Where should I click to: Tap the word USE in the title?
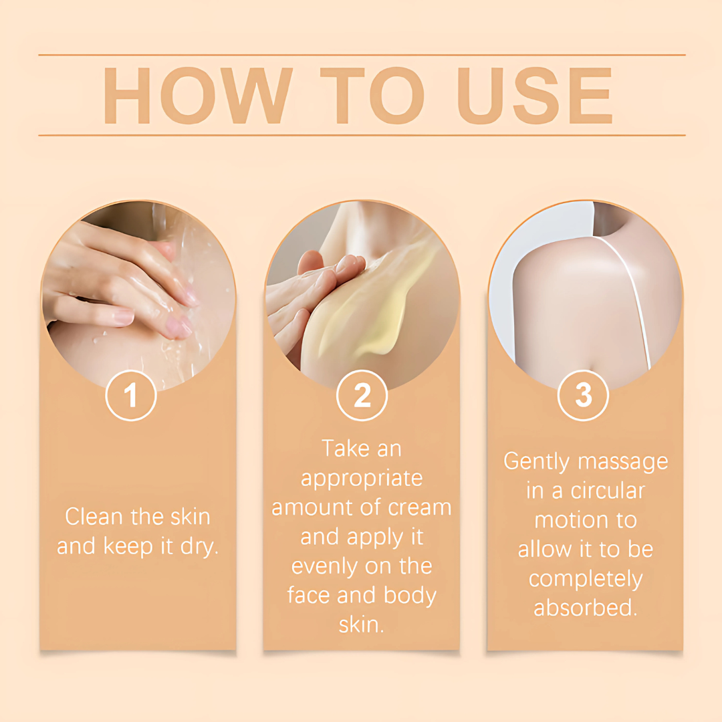[x=535, y=96]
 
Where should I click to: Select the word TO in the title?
[x=372, y=96]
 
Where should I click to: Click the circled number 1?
[x=131, y=395]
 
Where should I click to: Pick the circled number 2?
[x=362, y=395]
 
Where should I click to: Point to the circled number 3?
[x=583, y=395]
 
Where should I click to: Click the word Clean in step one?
[x=94, y=516]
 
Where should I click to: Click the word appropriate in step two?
[x=362, y=479]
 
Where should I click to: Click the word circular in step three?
[x=608, y=491]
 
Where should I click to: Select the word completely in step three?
[x=585, y=580]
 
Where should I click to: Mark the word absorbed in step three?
[x=585, y=607]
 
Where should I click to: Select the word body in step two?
[x=410, y=596]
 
